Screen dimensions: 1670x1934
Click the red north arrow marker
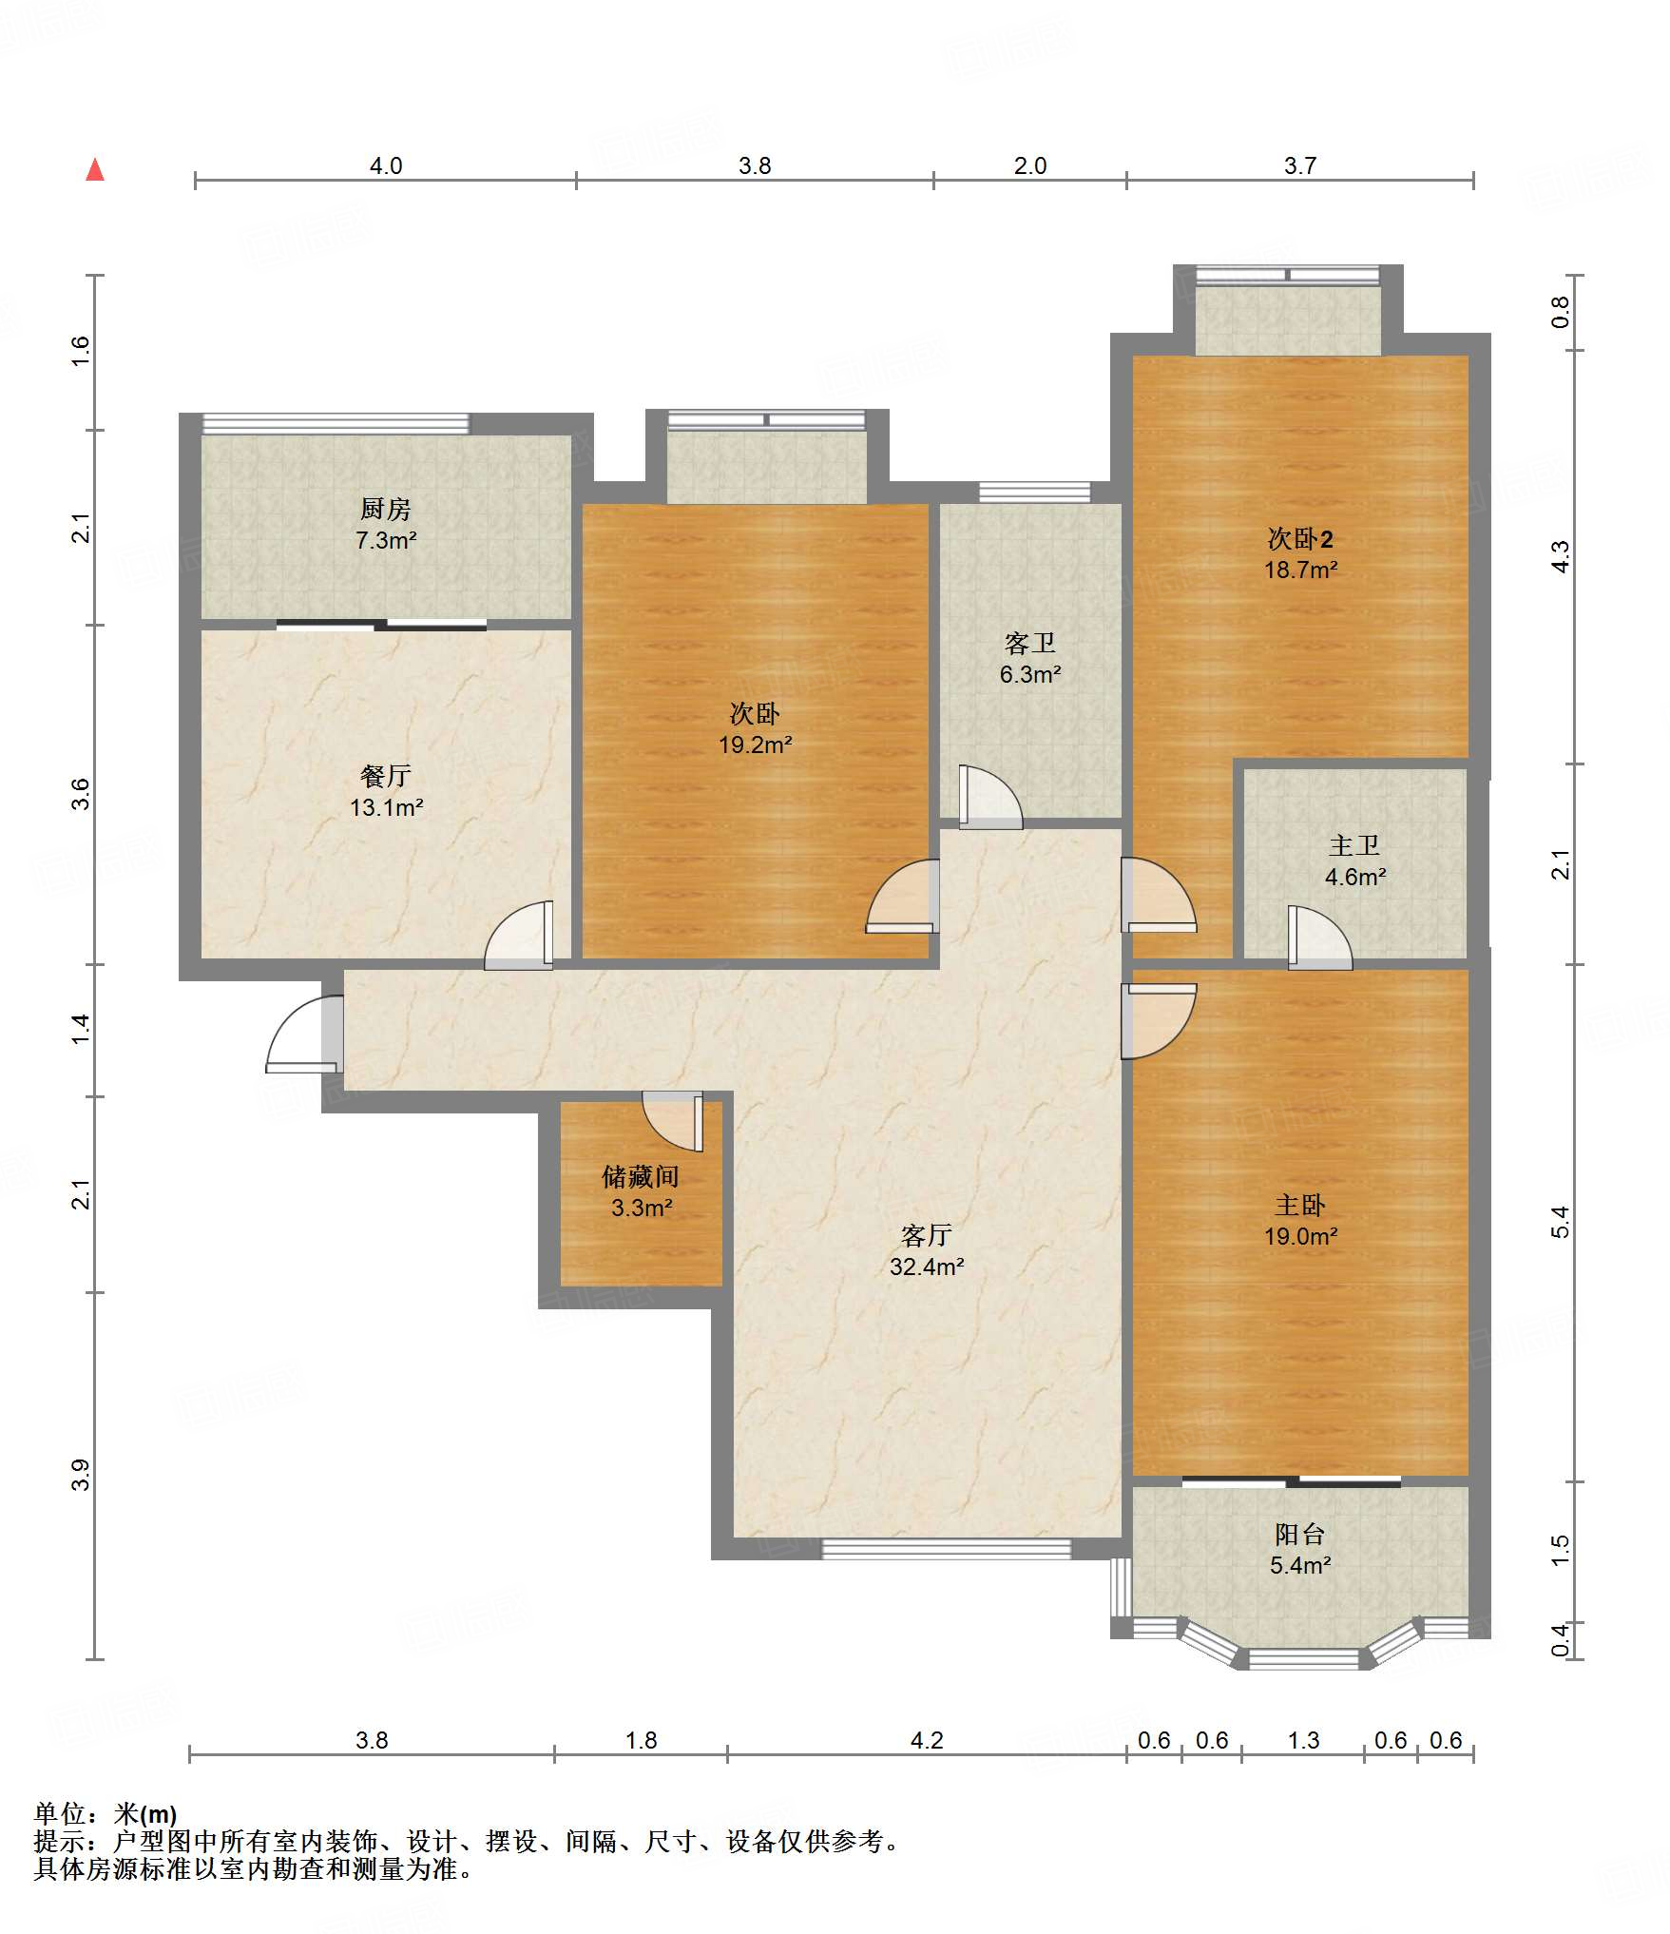[95, 170]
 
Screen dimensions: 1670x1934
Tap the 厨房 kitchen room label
[386, 509]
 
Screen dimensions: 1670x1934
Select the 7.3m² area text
[386, 540]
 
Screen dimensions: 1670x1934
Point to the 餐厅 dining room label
[386, 776]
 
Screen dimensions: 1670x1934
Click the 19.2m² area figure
[755, 745]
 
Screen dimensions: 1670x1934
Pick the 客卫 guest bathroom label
[1030, 644]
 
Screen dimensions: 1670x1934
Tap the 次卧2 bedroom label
[1300, 539]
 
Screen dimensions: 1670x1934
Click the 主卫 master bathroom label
[1354, 845]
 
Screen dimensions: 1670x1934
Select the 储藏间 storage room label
[642, 1177]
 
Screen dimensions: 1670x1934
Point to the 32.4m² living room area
[927, 1267]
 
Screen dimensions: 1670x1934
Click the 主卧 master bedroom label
[1300, 1206]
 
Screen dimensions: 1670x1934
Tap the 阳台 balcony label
[1300, 1534]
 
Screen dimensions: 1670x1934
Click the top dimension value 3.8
[755, 165]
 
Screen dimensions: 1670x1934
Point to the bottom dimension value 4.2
[927, 1740]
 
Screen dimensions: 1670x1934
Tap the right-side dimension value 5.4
[1560, 1222]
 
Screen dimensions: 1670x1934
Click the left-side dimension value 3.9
[82, 1475]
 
